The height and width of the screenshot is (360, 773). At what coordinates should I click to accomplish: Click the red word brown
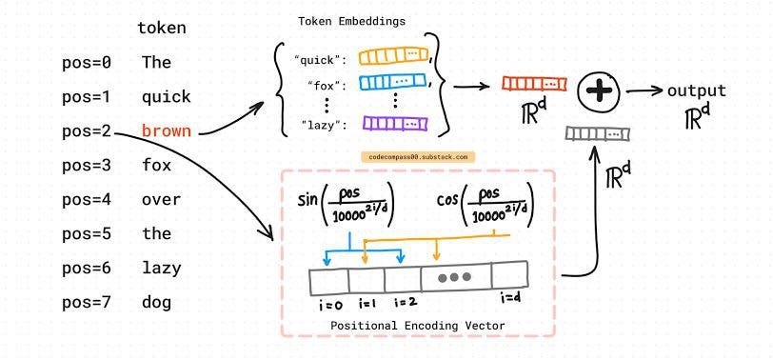[166, 131]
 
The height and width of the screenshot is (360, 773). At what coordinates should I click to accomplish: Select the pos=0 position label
[87, 63]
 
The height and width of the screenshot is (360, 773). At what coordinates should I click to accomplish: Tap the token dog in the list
[156, 303]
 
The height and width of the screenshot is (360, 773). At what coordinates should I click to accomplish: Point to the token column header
[161, 29]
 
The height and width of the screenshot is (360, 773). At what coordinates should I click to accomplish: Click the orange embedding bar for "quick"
[393, 57]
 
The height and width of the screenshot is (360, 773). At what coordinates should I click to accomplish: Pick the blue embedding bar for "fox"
[393, 83]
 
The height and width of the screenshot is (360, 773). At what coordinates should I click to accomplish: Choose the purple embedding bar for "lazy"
[393, 124]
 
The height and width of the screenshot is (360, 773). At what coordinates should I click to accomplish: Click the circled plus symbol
[599, 91]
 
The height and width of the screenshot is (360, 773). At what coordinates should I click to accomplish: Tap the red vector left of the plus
[534, 84]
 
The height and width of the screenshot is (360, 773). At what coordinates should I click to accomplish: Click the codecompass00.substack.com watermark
[417, 156]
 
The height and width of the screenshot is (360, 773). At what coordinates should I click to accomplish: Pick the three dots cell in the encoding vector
[454, 277]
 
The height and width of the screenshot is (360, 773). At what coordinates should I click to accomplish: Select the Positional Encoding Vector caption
[417, 326]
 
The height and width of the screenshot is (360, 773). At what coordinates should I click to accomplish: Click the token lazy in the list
[161, 269]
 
